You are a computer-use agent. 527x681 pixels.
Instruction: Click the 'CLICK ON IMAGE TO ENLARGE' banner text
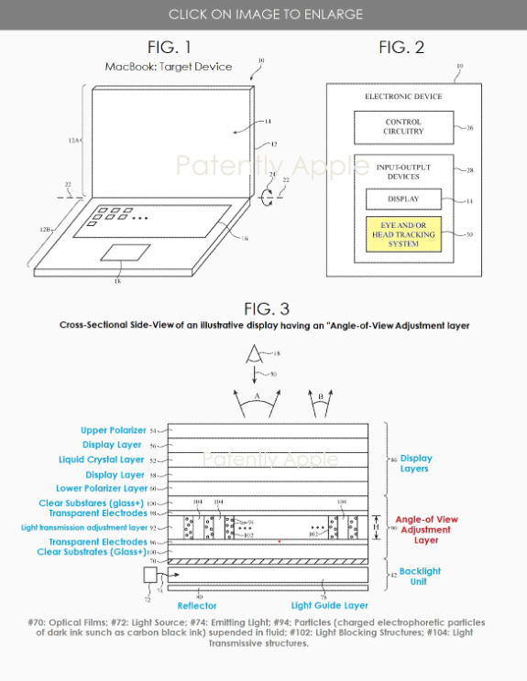(x=265, y=14)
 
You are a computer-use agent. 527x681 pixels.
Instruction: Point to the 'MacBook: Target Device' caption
(x=168, y=67)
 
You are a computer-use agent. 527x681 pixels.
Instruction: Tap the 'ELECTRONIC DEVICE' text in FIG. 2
(x=403, y=96)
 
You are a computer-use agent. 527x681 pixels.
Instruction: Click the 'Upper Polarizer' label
(x=109, y=429)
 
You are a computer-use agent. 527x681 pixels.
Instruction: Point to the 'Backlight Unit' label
(x=420, y=576)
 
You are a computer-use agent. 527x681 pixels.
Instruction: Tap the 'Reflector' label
(x=196, y=606)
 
